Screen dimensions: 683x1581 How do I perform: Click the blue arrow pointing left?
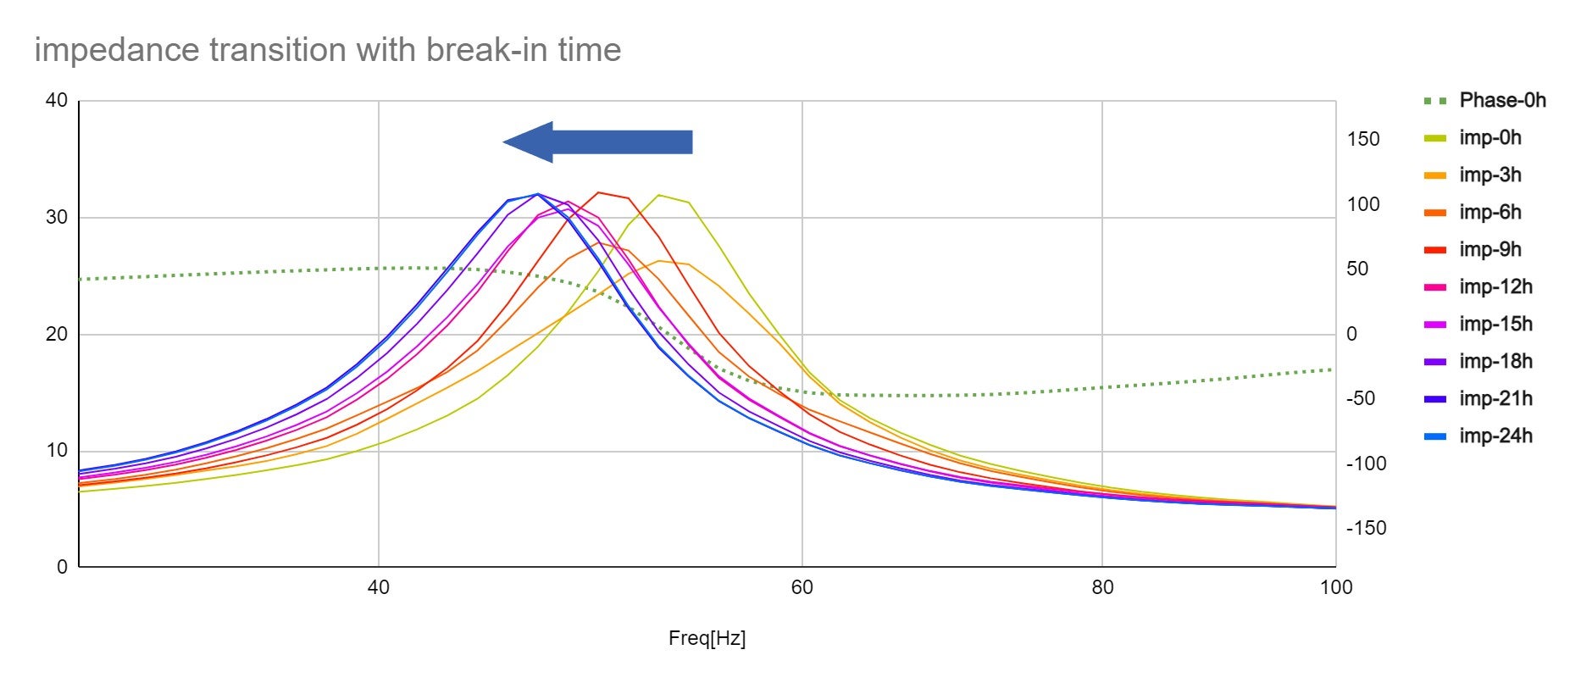click(598, 142)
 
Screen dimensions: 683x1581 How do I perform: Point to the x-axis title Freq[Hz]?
click(707, 639)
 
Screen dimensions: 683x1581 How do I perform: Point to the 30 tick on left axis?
click(56, 218)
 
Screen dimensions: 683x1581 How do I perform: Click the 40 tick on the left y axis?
click(56, 101)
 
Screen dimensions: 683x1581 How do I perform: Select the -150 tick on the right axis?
click(1366, 529)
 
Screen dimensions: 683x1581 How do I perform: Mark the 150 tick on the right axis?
click(1363, 139)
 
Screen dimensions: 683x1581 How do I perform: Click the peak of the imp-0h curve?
click(659, 195)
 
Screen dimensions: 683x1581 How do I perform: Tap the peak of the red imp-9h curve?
click(599, 192)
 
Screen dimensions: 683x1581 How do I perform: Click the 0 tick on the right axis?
click(1351, 335)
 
